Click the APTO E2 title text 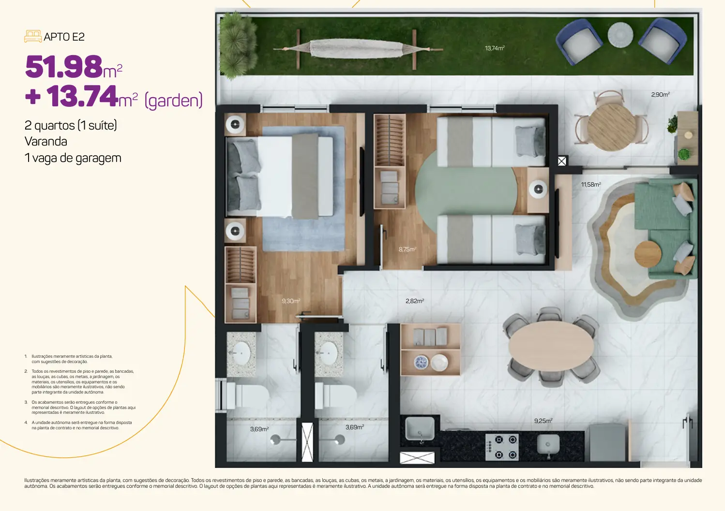pos(64,37)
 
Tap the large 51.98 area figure pos(64,67)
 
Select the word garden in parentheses pos(173,100)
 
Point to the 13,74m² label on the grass pos(495,48)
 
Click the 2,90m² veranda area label pos(660,94)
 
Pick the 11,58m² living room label pos(590,185)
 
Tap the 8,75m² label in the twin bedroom pos(407,249)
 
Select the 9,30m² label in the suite pos(291,301)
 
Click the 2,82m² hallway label pos(415,301)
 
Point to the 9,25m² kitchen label pos(543,421)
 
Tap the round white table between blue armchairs pos(620,35)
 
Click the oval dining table pos(551,346)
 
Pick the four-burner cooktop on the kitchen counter pos(502,447)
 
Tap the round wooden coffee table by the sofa pos(648,254)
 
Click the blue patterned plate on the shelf pos(421,362)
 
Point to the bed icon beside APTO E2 pos(33,36)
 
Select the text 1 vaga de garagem pos(73,158)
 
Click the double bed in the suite pos(280,176)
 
